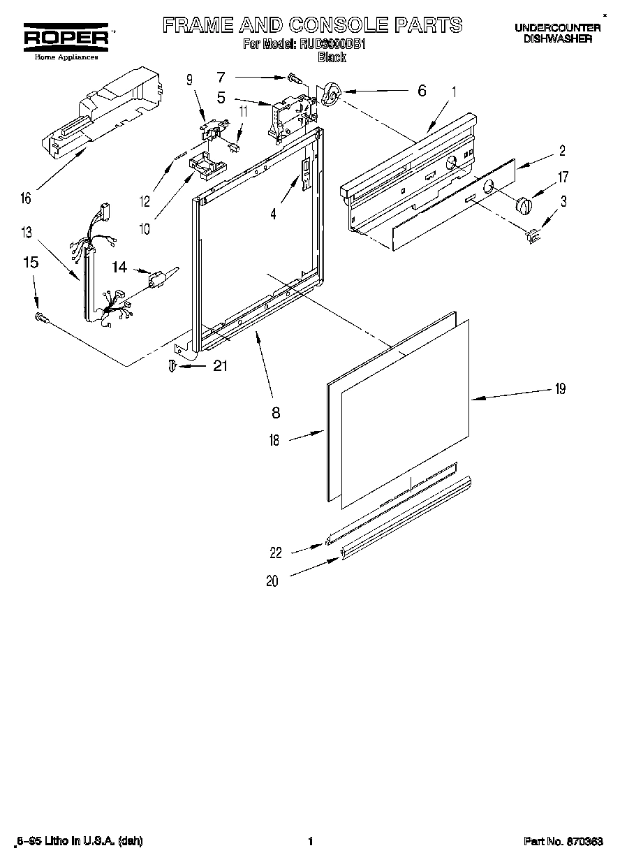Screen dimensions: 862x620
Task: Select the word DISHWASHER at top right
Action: [558, 39]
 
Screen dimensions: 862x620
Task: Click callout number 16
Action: [26, 198]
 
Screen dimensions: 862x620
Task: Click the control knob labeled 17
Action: [523, 206]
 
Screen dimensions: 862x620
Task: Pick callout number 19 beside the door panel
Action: [559, 390]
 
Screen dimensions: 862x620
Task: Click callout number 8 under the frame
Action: [276, 413]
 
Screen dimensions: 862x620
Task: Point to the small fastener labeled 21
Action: [172, 365]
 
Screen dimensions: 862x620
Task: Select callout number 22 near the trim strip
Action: [276, 553]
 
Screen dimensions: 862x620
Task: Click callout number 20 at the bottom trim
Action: [272, 580]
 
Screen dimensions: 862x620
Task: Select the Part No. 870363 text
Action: [563, 842]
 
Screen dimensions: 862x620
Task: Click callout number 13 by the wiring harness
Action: [26, 232]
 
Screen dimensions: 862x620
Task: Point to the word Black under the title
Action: [332, 57]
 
